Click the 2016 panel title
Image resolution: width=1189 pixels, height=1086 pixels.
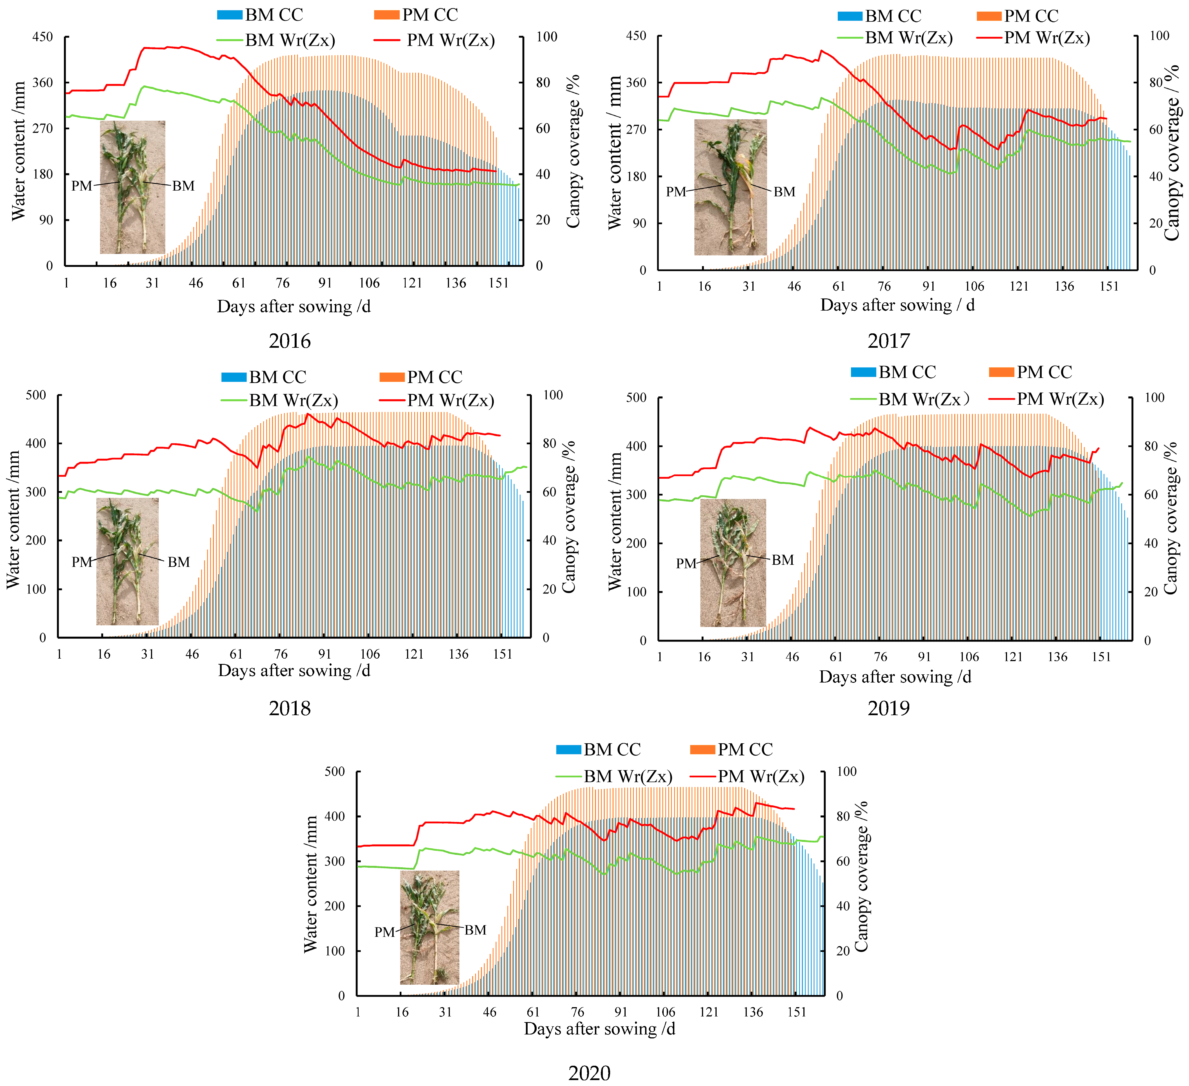(x=290, y=341)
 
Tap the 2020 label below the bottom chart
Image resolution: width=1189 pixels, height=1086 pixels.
(x=589, y=1073)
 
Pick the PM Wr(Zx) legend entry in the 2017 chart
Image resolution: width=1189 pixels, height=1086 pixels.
(x=1033, y=38)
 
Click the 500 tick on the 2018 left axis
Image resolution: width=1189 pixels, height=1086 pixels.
(x=36, y=395)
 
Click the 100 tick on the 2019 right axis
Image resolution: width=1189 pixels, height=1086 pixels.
(x=1154, y=397)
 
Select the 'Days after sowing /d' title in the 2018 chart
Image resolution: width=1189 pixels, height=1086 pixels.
(x=294, y=671)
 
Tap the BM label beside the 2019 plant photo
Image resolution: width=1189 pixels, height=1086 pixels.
(x=783, y=559)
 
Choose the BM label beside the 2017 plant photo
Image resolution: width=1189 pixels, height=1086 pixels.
(x=784, y=192)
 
